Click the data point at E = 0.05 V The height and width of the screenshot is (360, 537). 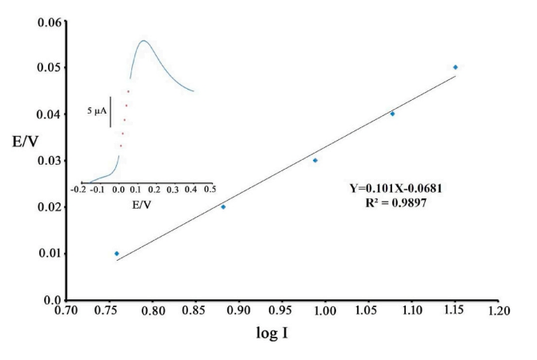455,67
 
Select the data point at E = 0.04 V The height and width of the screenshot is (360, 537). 392,114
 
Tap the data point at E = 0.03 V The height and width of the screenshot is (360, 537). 315,160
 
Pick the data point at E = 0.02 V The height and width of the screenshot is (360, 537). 223,206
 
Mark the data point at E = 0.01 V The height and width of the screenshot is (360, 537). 117,254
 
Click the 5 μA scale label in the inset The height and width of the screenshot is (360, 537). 98,111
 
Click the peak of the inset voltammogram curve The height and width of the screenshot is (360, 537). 143,40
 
